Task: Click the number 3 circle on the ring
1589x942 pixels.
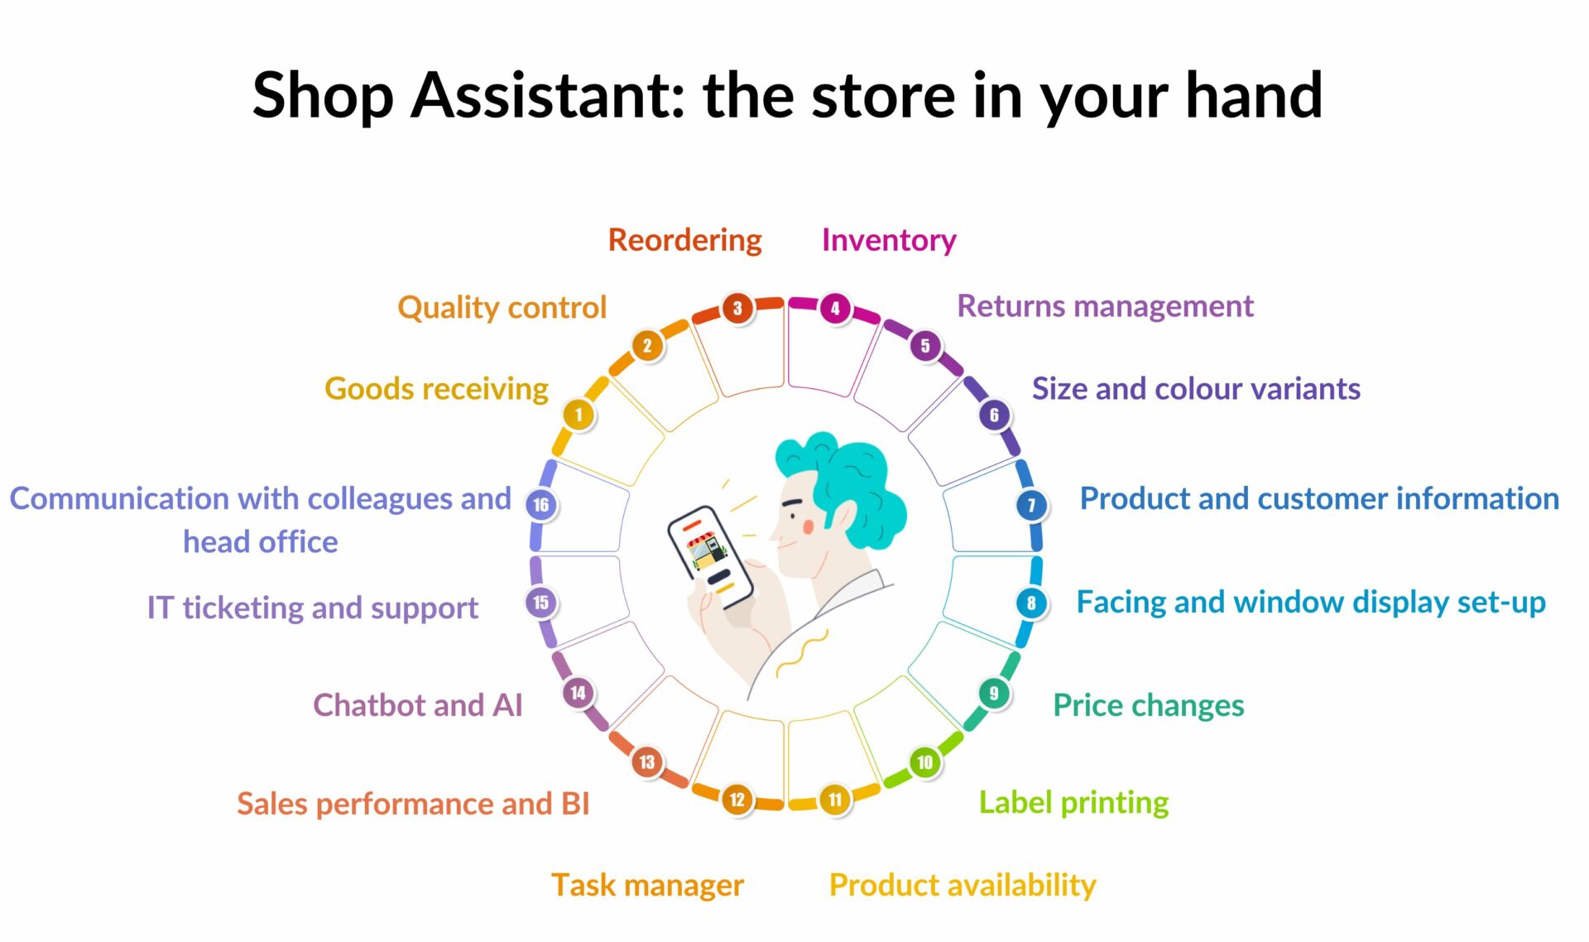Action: point(737,309)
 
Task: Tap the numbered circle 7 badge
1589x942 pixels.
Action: point(1031,505)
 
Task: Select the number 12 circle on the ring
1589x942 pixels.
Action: point(737,800)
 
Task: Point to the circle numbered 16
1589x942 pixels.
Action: point(541,505)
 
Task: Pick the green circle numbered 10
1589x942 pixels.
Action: point(924,762)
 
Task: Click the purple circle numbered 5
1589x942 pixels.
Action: point(925,345)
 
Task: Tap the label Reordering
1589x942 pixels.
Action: point(684,240)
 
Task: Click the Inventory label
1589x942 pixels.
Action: point(889,240)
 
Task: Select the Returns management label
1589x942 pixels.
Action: point(1105,306)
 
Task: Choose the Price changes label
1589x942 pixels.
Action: point(1149,705)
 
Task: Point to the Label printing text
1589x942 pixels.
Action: point(1073,802)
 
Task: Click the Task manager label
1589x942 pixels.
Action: point(647,885)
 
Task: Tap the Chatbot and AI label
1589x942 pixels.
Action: point(418,705)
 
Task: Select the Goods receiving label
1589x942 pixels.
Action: point(436,389)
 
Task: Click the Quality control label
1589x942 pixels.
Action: point(502,307)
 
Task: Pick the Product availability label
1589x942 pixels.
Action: point(963,885)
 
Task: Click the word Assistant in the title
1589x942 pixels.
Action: point(547,95)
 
